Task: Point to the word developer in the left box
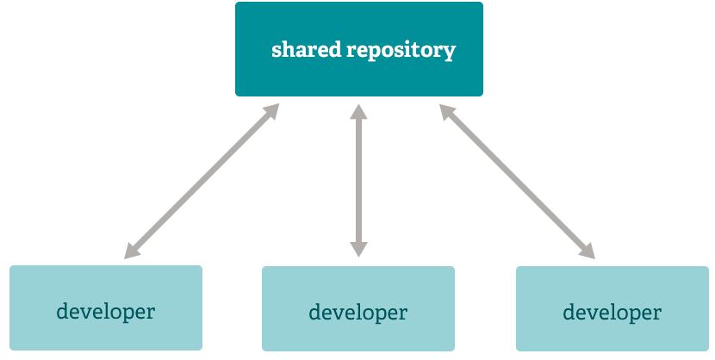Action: [x=106, y=311]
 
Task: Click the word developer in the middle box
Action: [x=357, y=312]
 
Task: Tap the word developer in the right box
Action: [x=612, y=312]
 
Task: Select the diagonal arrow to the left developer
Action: [x=202, y=181]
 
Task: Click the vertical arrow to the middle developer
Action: [x=358, y=181]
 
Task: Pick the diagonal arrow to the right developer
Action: [x=517, y=181]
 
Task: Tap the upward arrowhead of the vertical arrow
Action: [x=358, y=111]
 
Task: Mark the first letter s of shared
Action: [x=277, y=50]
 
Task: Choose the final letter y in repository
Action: [x=450, y=52]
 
